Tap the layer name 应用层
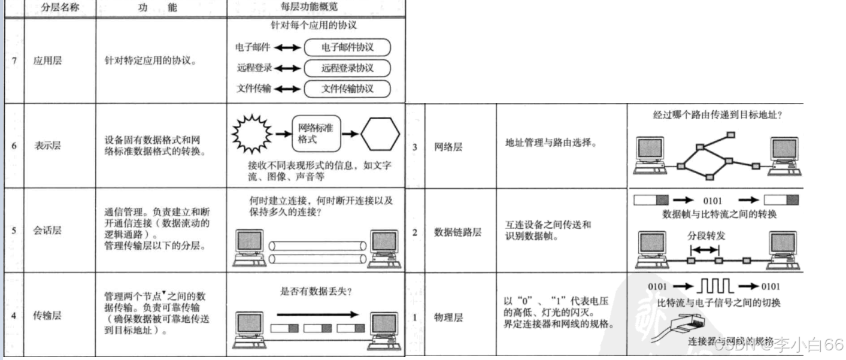pos(48,61)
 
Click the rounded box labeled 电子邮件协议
pos(347,47)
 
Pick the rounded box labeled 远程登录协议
pos(347,68)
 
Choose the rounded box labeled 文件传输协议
pos(347,88)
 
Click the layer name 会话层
pos(48,230)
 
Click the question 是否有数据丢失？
pos(316,292)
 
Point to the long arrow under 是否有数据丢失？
pos(317,313)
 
